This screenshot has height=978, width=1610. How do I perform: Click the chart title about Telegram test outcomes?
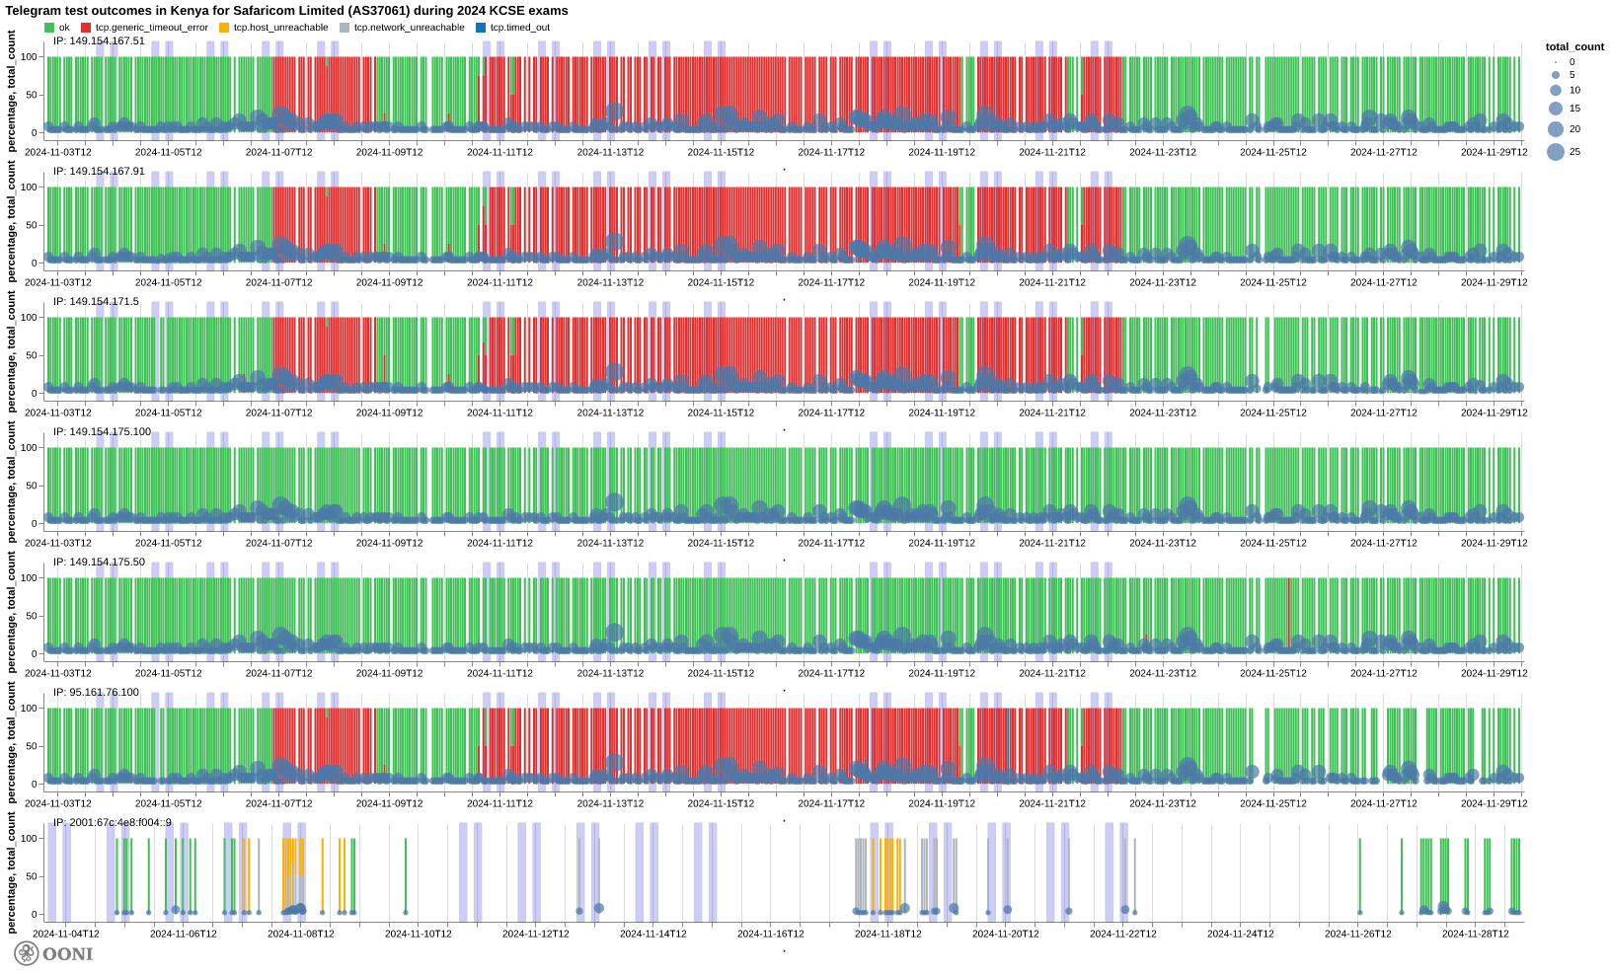coord(286,11)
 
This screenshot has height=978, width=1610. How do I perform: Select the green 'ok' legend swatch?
coord(49,28)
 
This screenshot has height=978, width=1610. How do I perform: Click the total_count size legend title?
coord(1574,46)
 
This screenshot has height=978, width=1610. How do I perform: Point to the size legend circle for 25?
coord(1556,152)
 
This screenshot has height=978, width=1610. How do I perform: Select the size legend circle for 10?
coord(1556,90)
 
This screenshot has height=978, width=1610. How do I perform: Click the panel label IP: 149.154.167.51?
coord(99,40)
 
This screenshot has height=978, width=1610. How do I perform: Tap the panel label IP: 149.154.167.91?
coord(99,171)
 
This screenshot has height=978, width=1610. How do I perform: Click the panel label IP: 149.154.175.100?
coord(102,431)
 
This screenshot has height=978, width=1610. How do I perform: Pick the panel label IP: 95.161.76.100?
coord(96,692)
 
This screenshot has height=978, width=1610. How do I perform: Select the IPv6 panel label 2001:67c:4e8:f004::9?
coord(112,822)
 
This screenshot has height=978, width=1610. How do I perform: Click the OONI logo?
coord(53,953)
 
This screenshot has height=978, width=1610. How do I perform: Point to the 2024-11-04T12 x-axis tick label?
coord(66,934)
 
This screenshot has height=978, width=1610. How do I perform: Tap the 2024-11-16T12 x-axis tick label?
coord(771,934)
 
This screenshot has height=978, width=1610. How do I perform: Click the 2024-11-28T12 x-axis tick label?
coord(1476,934)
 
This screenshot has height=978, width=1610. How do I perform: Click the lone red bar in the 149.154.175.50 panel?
coord(1288,612)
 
